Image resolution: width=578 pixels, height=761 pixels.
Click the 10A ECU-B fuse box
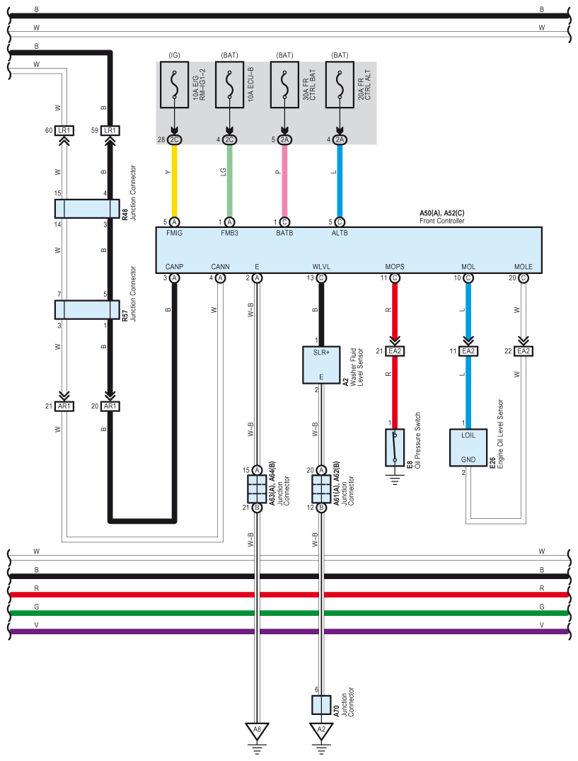point(229,84)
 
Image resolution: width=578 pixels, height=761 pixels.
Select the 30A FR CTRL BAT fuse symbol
point(284,84)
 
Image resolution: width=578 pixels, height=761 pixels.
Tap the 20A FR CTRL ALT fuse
point(340,84)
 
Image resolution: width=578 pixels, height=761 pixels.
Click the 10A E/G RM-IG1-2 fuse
point(174,84)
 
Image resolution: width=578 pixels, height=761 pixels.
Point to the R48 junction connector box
point(87,209)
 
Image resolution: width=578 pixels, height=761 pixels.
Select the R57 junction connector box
point(87,309)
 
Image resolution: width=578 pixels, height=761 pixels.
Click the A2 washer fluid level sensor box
point(321,365)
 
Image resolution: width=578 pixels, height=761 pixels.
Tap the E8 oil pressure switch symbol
point(395,447)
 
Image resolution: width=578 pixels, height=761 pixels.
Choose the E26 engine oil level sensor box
point(468,447)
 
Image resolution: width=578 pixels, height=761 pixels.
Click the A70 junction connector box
point(321,704)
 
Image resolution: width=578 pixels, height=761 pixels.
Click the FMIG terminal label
point(174,233)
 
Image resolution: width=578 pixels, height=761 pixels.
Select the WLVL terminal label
point(321,266)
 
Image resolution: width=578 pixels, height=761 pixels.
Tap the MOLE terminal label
point(524,266)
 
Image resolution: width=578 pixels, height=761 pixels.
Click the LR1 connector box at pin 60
point(64,130)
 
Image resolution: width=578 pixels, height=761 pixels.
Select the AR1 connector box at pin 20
point(110,406)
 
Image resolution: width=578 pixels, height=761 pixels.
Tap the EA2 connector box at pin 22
point(524,351)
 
